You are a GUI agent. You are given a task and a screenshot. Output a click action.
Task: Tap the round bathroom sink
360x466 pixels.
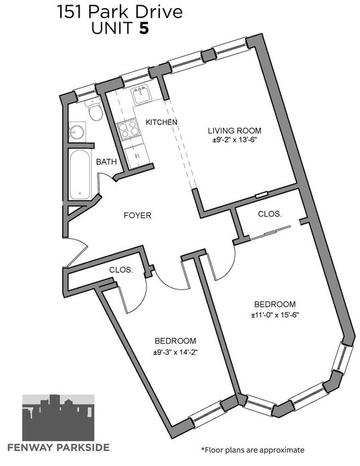76,132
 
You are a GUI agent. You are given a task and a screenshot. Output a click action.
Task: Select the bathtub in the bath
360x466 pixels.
80,174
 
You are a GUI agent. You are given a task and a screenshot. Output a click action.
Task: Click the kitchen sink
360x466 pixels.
141,96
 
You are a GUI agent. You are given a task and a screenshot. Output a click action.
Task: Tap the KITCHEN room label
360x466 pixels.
161,122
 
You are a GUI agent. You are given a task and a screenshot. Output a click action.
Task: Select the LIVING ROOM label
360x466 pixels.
234,130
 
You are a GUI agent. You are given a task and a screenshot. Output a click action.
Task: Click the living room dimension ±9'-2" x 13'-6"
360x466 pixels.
234,140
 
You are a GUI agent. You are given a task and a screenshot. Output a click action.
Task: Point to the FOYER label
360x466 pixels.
137,215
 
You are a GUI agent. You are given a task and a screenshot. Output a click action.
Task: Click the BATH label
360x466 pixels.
106,162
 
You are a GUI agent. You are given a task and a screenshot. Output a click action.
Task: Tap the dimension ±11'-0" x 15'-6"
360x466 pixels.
274,315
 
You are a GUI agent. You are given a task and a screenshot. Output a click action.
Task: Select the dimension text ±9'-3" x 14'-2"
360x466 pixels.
175,352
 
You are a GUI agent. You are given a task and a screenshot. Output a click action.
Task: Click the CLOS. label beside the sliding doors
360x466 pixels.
270,214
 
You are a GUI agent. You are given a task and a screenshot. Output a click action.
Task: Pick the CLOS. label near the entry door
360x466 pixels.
121,270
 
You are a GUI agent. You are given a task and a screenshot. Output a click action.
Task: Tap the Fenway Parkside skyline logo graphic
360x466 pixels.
58,418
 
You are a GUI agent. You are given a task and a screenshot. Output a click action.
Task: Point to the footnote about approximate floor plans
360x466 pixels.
253,450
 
